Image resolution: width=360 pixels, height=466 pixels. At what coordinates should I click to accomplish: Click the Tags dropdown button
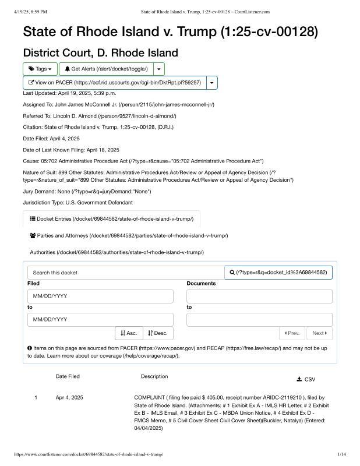point(40,69)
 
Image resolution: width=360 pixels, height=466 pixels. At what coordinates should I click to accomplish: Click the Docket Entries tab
point(111,219)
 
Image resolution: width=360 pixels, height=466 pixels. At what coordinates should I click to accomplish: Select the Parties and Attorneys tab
point(128,235)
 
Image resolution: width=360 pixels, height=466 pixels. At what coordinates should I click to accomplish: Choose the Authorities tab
point(117,252)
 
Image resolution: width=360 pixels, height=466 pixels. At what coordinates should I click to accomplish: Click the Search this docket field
point(126,273)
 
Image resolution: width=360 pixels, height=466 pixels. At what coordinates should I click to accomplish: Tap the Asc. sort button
point(129,333)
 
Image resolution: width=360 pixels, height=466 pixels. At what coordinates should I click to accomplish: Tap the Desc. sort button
point(157,333)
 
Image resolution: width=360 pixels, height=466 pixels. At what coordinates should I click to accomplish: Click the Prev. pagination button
point(292,333)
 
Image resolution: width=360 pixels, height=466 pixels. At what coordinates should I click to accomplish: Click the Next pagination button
point(319,333)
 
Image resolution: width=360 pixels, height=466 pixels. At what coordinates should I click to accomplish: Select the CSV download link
point(306,379)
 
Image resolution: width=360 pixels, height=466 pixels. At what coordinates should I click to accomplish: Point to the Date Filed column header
point(68,377)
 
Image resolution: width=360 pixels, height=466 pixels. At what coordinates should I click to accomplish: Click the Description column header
point(154,376)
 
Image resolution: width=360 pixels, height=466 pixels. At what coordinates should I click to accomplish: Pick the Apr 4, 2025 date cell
point(69,397)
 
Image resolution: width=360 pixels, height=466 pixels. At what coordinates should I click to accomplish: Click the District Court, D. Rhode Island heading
point(100,52)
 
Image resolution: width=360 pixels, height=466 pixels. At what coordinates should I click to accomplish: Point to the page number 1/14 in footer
point(341,454)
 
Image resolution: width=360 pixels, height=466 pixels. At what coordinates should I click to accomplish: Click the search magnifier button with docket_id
point(278,273)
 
